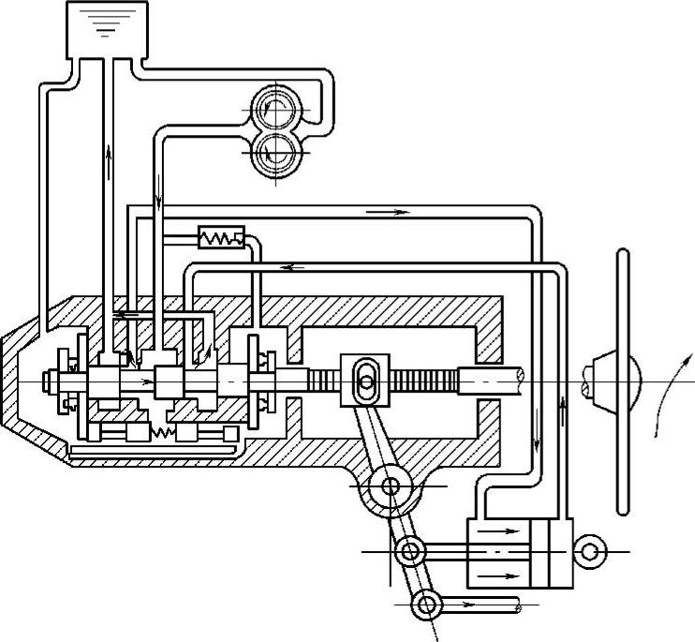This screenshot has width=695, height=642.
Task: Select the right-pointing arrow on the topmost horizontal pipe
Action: (x=389, y=212)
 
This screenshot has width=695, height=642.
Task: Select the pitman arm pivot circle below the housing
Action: (x=392, y=485)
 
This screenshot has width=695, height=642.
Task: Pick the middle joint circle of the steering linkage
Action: (x=409, y=551)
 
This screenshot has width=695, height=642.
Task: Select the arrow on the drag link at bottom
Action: (x=468, y=604)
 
